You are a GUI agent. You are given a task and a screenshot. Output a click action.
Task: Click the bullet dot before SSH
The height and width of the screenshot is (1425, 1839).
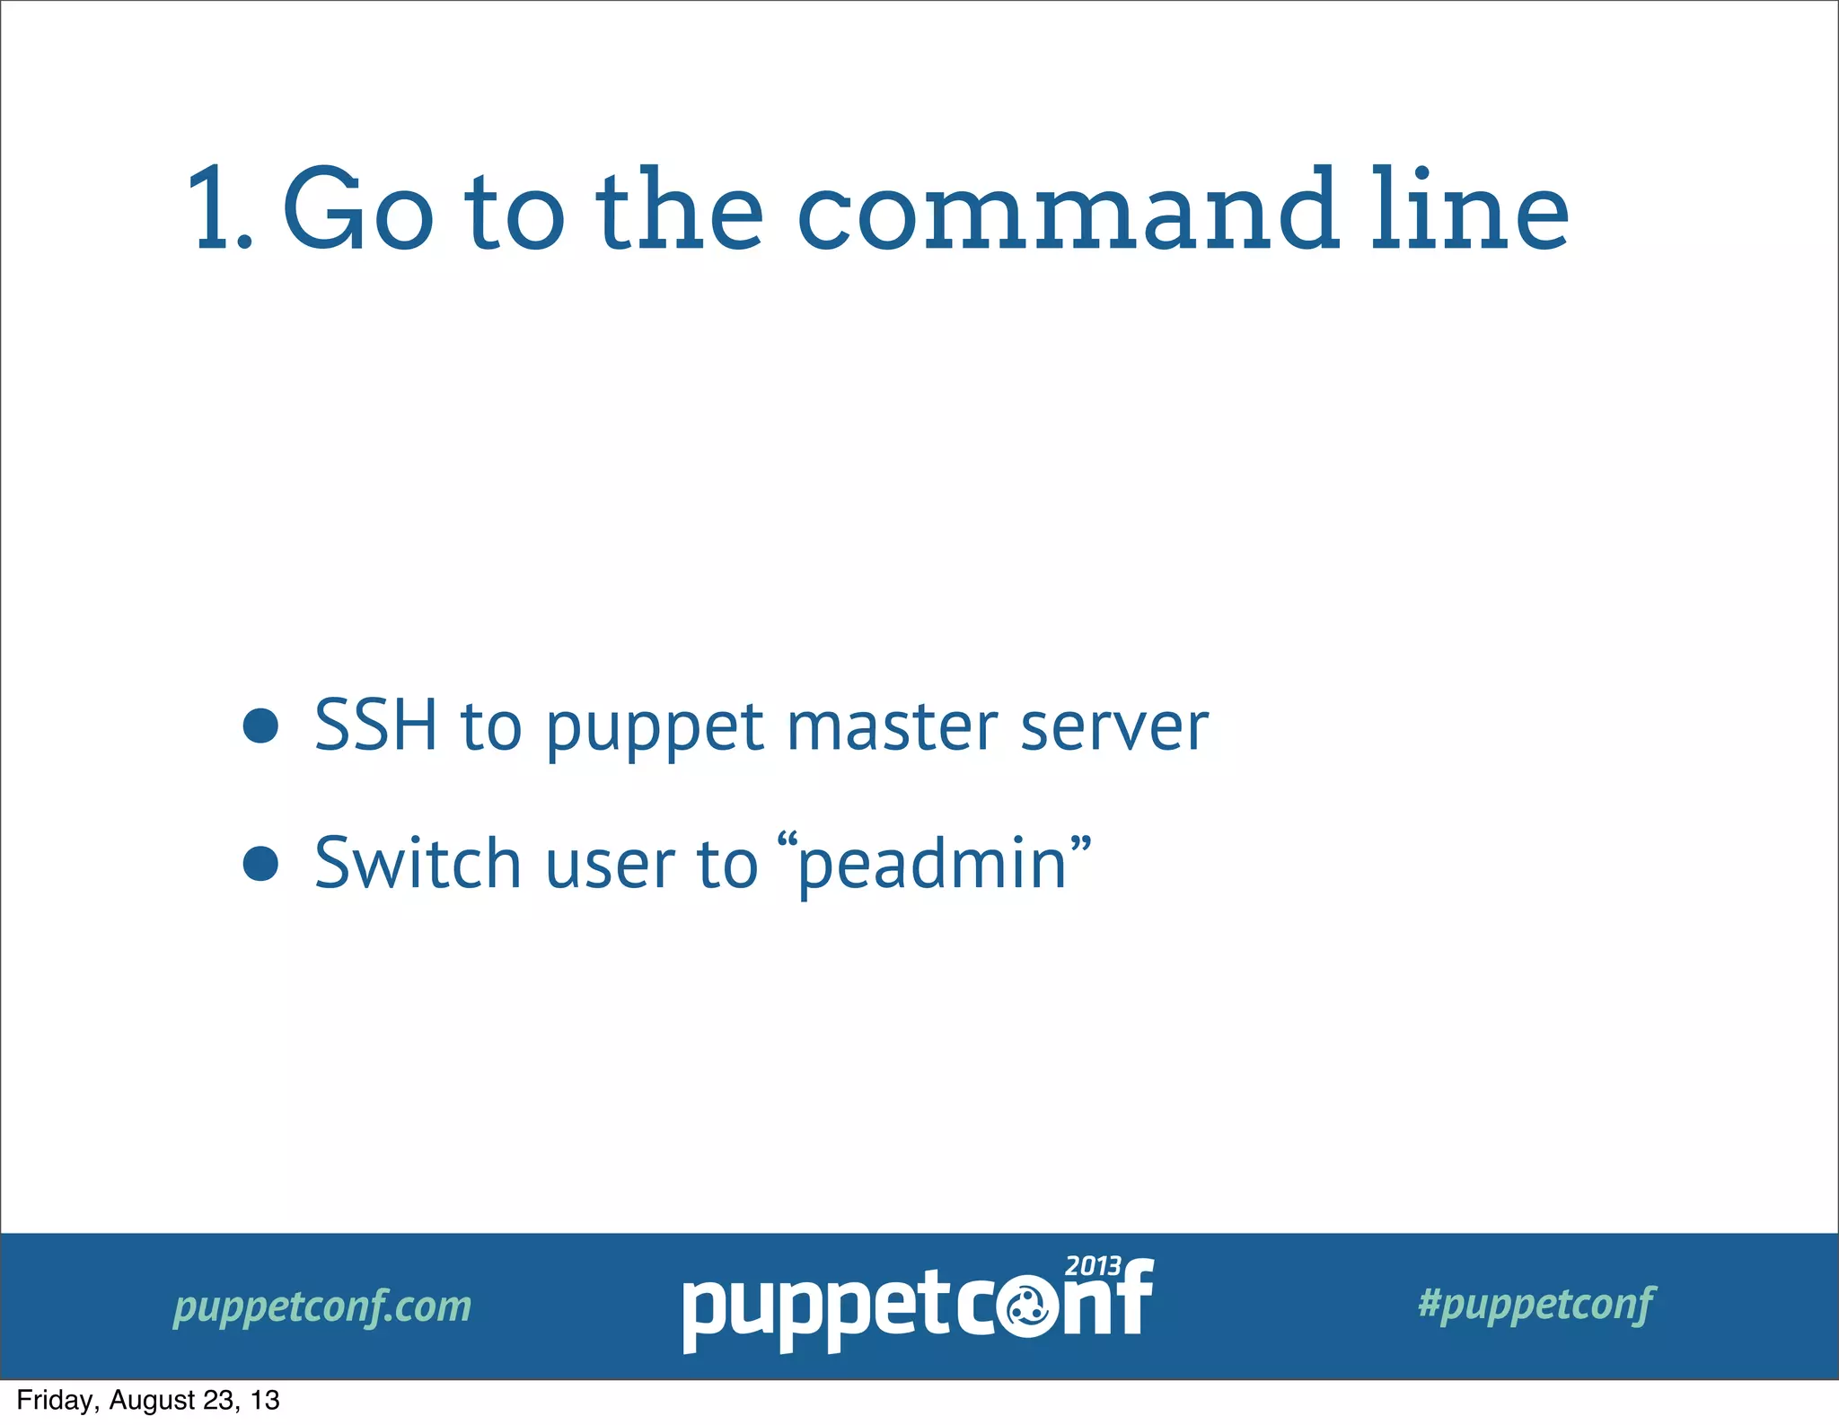coord(260,726)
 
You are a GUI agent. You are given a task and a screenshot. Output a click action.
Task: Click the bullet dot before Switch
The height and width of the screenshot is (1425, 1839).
coord(260,863)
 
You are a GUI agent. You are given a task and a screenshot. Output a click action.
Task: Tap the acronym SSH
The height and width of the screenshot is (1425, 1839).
coord(375,726)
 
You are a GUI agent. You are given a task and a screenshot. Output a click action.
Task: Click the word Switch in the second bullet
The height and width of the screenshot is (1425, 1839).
coord(418,863)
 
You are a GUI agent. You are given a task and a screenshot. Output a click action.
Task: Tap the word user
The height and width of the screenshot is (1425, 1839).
coord(610,866)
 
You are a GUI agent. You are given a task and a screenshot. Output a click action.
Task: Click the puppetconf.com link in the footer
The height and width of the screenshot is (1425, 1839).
coord(321,1306)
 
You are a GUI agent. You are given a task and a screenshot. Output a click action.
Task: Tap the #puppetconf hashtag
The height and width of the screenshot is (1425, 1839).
coord(1535,1304)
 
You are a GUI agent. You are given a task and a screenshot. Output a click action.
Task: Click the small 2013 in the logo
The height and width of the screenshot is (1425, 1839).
coord(1093,1266)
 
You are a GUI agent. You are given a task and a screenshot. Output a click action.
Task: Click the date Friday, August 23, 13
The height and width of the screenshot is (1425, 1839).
coord(148,1401)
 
